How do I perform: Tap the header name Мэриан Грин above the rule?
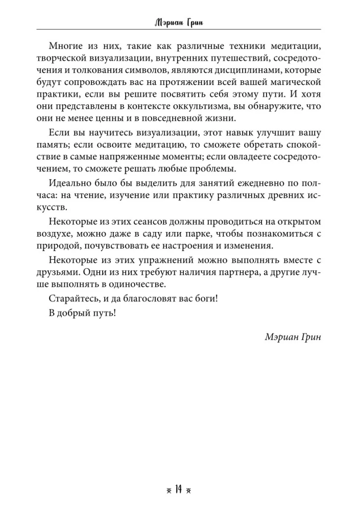180,22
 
